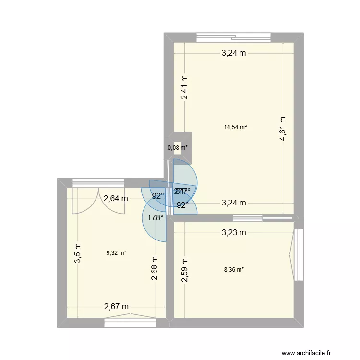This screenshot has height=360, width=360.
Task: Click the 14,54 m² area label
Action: coord(235,127)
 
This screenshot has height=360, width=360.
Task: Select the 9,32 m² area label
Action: coord(116,252)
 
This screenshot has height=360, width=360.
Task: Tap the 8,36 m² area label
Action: coord(234,270)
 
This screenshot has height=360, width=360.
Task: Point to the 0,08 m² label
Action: coord(178,148)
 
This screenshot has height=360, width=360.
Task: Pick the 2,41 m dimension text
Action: coord(185,88)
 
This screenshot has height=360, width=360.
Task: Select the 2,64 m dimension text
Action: coord(116,198)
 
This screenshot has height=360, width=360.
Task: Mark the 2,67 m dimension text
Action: coord(117,306)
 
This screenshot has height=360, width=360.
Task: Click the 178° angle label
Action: coord(156,217)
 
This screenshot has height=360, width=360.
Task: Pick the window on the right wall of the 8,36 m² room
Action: coord(299,248)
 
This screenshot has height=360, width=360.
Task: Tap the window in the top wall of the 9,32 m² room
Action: coord(98,182)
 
